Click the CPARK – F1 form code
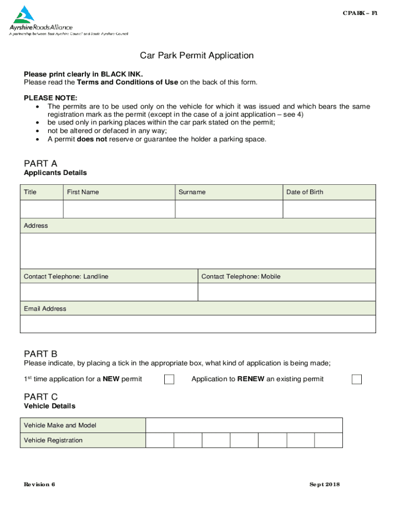pyautogui.click(x=360, y=13)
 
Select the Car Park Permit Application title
pyautogui.click(x=197, y=55)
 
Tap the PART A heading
pyautogui.click(x=40, y=163)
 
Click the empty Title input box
pyautogui.click(x=41, y=209)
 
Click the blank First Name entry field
pyautogui.click(x=119, y=209)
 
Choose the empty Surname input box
pyautogui.click(x=229, y=209)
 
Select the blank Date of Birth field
pyautogui.click(x=329, y=209)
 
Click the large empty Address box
pyautogui.click(x=198, y=251)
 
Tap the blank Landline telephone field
pyautogui.click(x=108, y=292)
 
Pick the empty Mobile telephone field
pyautogui.click(x=287, y=292)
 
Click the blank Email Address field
pyautogui.click(x=198, y=324)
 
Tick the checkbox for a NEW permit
pyautogui.click(x=169, y=379)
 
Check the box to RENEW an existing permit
pyautogui.click(x=357, y=379)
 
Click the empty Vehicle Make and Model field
pyautogui.click(x=244, y=425)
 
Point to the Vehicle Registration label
pyautogui.click(x=53, y=440)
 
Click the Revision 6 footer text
pyautogui.click(x=39, y=485)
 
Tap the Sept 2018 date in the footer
pyautogui.click(x=324, y=485)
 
